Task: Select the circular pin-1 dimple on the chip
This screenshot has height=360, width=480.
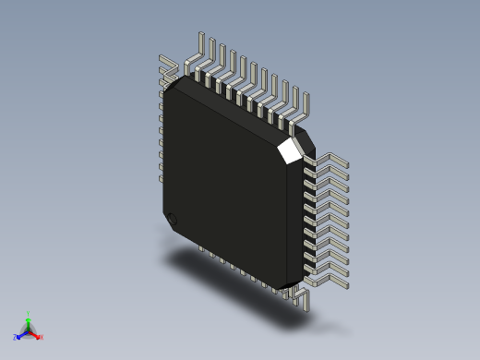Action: [171, 219]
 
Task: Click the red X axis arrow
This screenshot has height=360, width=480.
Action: [36, 334]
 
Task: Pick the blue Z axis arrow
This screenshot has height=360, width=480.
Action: [21, 334]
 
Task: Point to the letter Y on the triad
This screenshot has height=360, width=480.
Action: [29, 313]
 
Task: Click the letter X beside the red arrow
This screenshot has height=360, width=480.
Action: [42, 337]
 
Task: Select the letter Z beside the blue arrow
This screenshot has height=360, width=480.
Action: [16, 337]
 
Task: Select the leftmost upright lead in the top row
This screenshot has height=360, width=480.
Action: [201, 51]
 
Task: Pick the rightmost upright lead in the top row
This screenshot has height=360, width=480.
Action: [306, 105]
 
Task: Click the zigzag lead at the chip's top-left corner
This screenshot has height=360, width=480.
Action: [170, 66]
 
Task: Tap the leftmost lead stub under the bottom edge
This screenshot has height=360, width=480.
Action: [200, 248]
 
